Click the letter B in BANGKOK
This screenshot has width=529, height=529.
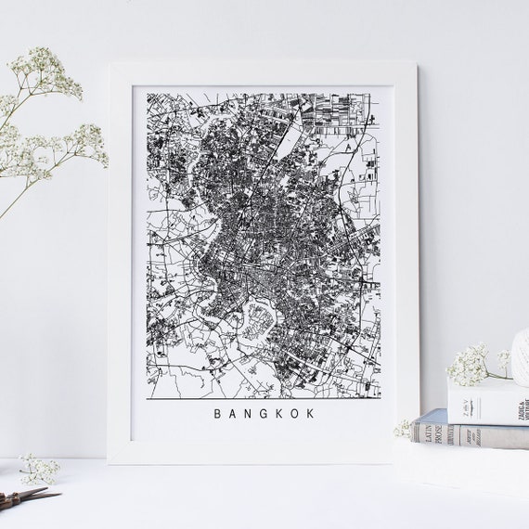[x=217, y=414]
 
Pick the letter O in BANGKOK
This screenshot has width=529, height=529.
[x=295, y=414]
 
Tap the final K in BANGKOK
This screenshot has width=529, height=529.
[x=311, y=414]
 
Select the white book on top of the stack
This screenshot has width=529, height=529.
[x=487, y=399]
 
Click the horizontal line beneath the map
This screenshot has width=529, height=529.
[x=264, y=398]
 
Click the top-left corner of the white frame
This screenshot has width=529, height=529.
[x=111, y=66]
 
